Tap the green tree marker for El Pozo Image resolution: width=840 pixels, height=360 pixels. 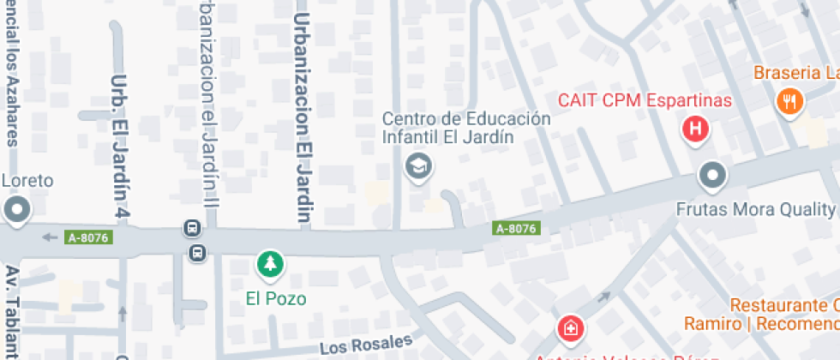pyautogui.click(x=271, y=263)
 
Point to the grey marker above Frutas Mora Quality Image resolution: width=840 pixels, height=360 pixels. pyautogui.click(x=712, y=177)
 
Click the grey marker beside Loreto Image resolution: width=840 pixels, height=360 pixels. pyautogui.click(x=16, y=209)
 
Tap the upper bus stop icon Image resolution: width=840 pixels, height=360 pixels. pyautogui.click(x=192, y=229)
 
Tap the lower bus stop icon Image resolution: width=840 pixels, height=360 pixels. pyautogui.click(x=198, y=252)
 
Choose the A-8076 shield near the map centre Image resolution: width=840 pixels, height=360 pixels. pyautogui.click(x=516, y=229)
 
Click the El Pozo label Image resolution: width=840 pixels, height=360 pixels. pyautogui.click(x=276, y=299)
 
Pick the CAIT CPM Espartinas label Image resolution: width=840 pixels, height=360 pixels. pyautogui.click(x=645, y=100)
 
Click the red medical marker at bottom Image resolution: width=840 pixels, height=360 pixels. pyautogui.click(x=568, y=328)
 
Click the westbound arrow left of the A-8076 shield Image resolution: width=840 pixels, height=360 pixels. pyautogui.click(x=50, y=237)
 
